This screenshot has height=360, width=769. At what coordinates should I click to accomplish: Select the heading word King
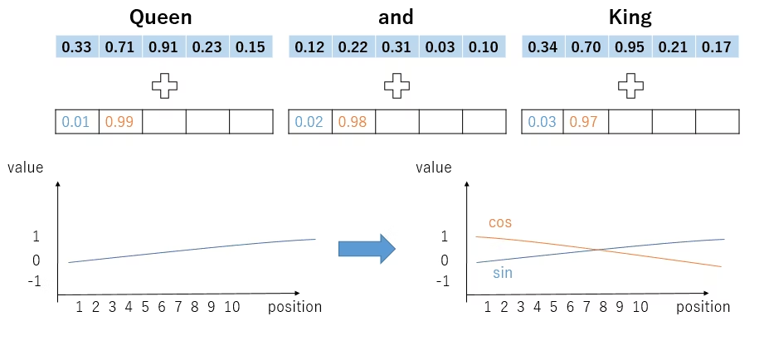coord(630,17)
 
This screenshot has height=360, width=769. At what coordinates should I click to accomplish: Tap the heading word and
coord(397,17)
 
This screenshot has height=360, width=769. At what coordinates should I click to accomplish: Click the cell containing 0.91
coord(163,46)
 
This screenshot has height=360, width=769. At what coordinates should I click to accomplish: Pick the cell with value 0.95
coord(630,46)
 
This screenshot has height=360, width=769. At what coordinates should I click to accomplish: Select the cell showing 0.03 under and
coord(440,46)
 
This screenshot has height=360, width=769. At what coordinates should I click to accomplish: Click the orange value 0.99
coord(120,122)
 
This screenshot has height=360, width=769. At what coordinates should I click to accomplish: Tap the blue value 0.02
coord(309,122)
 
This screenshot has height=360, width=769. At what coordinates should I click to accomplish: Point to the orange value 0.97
coord(586,122)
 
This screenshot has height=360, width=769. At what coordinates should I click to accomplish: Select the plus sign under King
coord(630,85)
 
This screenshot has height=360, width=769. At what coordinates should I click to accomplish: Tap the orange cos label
coord(500,222)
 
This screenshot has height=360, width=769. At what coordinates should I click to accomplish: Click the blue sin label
coord(503,272)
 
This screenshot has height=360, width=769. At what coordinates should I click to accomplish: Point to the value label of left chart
coord(25,168)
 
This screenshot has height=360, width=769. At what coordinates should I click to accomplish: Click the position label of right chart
coord(703,307)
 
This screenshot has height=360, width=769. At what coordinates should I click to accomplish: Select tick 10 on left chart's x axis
coord(231,307)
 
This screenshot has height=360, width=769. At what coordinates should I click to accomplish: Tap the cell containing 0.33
coord(77,46)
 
